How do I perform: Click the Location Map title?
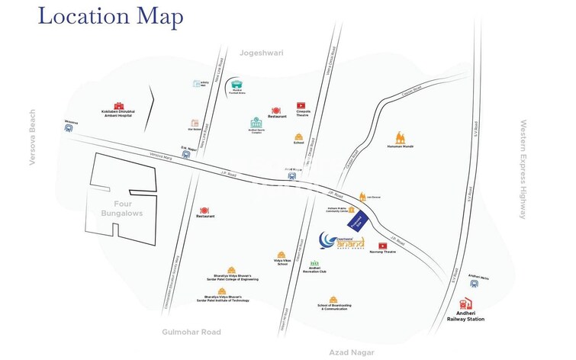[111, 17]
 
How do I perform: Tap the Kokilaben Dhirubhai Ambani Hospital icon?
[118, 106]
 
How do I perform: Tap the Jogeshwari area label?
[261, 53]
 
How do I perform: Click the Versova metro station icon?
[71, 130]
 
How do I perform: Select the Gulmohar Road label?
[191, 332]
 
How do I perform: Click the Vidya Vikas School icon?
[282, 253]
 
